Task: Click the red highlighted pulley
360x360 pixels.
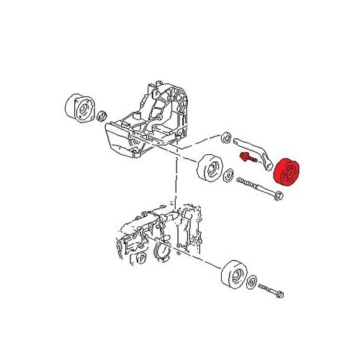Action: [290, 175]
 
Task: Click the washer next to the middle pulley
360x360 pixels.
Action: [230, 175]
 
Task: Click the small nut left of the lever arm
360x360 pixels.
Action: [225, 135]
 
